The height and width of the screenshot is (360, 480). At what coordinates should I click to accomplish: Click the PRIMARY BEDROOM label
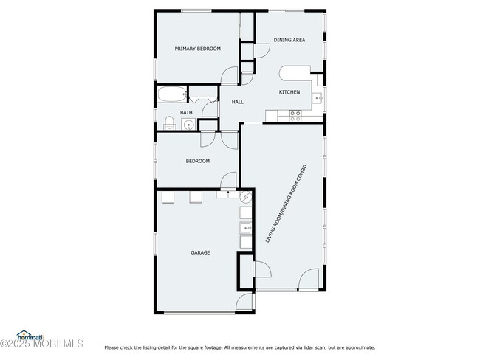point(197,49)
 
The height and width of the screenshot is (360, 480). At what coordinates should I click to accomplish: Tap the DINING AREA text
point(289,40)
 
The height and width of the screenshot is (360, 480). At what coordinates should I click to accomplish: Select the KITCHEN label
point(289,91)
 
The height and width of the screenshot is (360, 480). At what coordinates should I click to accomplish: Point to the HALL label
point(238,102)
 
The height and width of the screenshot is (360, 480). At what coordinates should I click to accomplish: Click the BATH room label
point(186,113)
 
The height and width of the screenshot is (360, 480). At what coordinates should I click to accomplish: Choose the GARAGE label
point(200,252)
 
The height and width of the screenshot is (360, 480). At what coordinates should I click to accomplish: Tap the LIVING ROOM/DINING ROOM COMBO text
point(286,204)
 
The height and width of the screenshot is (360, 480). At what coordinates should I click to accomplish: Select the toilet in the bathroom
point(168,122)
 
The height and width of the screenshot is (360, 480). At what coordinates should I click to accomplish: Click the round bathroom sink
point(189,125)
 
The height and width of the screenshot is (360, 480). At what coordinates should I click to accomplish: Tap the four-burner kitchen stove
point(295,115)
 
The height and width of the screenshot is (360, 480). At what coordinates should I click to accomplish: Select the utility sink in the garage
point(245,228)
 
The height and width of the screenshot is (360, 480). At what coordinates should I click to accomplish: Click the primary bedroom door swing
point(230,75)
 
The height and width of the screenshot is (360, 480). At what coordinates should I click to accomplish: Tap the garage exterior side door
point(244,301)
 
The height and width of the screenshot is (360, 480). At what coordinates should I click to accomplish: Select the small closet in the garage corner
point(244,271)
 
